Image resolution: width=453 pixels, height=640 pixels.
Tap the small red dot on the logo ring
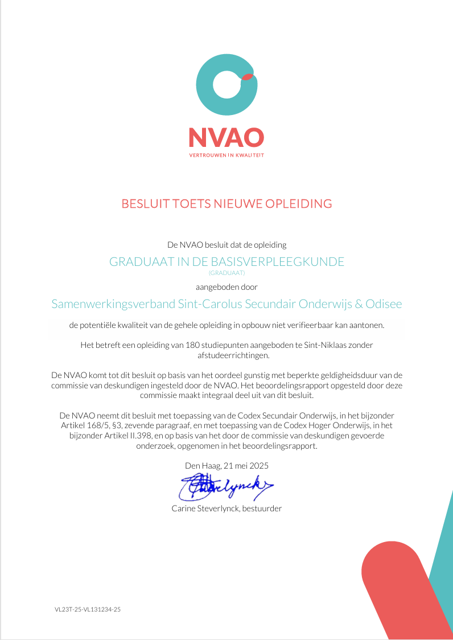tap(247, 76)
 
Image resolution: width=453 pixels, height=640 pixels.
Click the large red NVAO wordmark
tap(226, 137)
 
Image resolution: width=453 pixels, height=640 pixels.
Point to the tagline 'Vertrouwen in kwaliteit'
tap(226, 155)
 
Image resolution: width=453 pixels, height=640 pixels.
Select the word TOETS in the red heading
tap(192, 203)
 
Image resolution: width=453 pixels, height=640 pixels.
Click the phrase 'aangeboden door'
tap(226, 287)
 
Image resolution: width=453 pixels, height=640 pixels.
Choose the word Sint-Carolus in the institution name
tap(210, 304)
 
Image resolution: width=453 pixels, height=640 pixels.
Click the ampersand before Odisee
tap(359, 304)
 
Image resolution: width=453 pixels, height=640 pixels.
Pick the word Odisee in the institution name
tap(384, 304)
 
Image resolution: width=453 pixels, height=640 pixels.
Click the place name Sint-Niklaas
tap(321, 345)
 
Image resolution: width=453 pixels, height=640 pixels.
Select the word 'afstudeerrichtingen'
tap(226, 355)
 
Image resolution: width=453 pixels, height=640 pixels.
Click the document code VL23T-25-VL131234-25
tap(88, 609)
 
